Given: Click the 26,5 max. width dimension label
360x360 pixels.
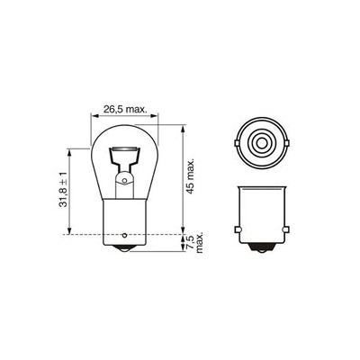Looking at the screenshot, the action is click(125, 109).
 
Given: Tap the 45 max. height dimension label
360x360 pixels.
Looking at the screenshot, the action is click(191, 176).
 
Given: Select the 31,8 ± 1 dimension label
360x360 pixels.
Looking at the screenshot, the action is click(63, 190).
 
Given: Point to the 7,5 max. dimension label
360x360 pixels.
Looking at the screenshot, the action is click(195, 242).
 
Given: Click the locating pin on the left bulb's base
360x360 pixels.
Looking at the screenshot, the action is click(124, 235).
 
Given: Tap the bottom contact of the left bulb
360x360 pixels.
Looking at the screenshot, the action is click(124, 249).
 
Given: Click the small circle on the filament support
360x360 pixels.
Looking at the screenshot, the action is click(124, 181).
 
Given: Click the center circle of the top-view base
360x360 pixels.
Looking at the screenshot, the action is click(261, 143).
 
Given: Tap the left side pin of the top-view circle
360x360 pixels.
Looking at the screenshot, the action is click(237, 143).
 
